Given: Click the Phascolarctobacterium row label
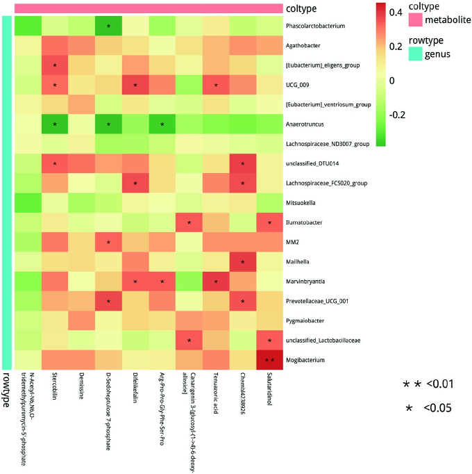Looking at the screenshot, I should [316, 26].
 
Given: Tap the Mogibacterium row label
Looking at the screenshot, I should [306, 360].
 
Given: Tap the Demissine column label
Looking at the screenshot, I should [81, 389].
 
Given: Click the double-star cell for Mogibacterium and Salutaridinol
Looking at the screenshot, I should [269, 360].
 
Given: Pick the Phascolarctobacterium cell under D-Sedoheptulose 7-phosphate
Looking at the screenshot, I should [108, 26].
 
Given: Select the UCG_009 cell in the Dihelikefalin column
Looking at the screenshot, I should [135, 85].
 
